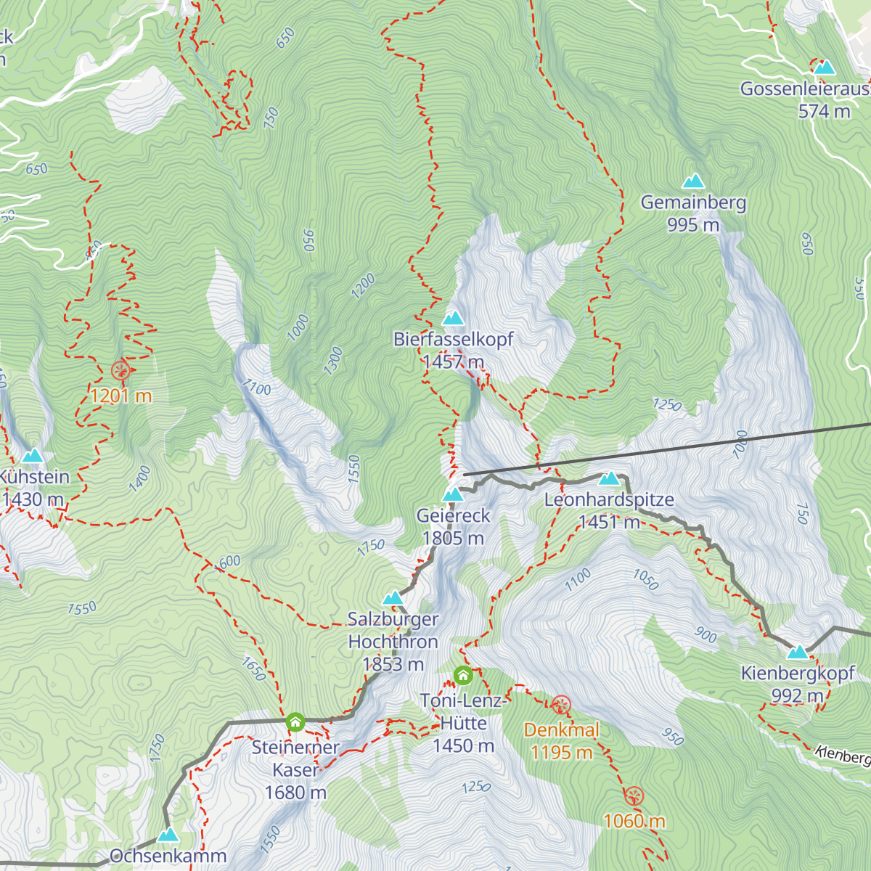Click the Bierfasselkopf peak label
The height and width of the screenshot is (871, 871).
point(453,339)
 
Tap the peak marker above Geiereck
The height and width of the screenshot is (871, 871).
point(453,495)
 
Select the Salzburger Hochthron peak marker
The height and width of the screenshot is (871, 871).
point(393,598)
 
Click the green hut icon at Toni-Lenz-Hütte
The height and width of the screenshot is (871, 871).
point(463,676)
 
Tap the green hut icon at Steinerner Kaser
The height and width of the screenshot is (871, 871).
point(295,722)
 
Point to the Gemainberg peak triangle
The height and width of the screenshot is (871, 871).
point(693,181)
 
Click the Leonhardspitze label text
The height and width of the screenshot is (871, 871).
point(609,500)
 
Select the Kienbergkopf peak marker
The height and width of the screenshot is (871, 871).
point(798,653)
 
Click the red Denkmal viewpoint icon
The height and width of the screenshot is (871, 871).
point(561,704)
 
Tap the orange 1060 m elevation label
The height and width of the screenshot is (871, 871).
point(634,821)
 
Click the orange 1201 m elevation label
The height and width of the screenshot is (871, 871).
point(120,396)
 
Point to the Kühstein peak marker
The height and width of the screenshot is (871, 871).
point(32,456)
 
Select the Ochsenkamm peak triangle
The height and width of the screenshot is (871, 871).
point(168,835)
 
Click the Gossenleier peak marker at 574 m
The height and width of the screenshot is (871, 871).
point(824,68)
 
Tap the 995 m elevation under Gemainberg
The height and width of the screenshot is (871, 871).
point(693,225)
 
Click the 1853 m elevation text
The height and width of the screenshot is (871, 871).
point(393,664)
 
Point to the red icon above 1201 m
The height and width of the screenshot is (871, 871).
point(120,370)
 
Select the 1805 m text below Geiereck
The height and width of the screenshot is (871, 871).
point(453,539)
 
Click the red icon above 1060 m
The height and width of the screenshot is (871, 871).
point(634,796)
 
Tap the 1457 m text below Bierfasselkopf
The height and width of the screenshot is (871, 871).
point(453,361)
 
